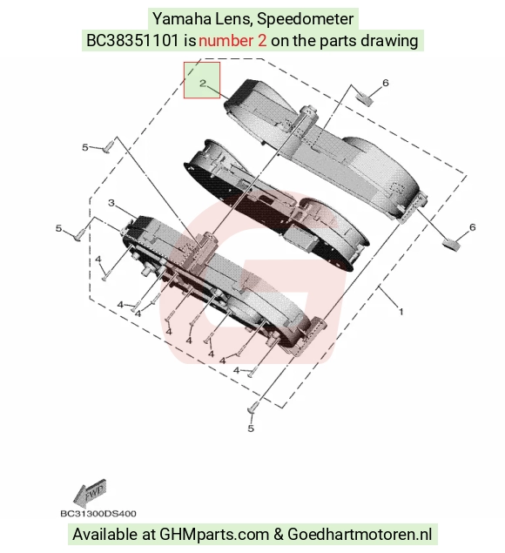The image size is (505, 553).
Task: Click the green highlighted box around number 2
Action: click(202, 80)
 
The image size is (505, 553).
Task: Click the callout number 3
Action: click(111, 203)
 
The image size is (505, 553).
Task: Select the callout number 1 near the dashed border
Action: click(401, 312)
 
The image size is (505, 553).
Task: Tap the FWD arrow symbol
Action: click(90, 493)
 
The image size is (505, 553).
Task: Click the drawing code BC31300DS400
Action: click(98, 514)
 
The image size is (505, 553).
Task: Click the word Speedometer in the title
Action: click(305, 18)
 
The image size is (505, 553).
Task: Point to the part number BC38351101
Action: click(132, 41)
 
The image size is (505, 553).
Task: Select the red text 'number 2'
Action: click(232, 41)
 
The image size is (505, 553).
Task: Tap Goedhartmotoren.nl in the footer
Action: click(360, 534)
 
